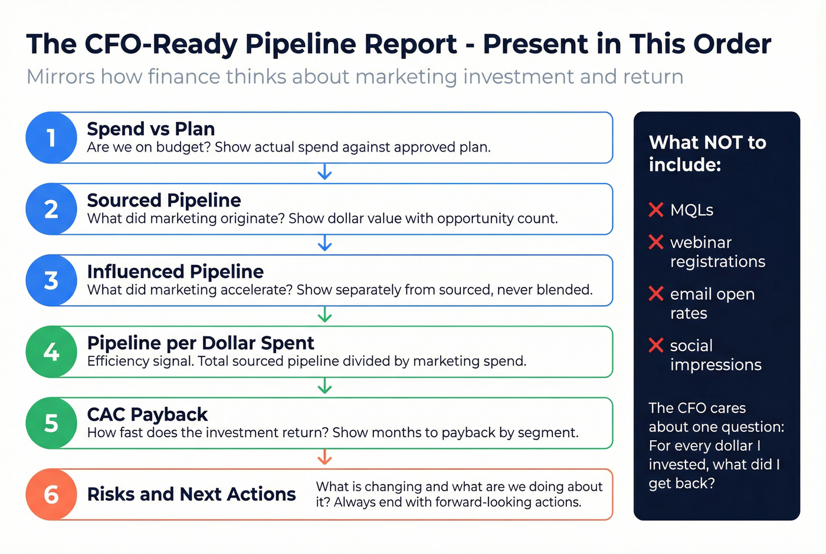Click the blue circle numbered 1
tap(51, 137)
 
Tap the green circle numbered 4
tap(51, 352)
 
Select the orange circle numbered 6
tap(51, 494)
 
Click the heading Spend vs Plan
tap(150, 129)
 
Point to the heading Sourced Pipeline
tap(164, 200)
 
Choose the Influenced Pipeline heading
tap(175, 271)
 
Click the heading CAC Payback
tap(147, 414)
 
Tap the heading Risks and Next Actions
tap(191, 494)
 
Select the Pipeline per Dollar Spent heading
tap(201, 343)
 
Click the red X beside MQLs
tap(656, 209)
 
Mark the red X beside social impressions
tap(656, 345)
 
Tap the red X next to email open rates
tap(656, 293)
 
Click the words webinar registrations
tap(717, 252)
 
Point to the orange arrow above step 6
tap(324, 457)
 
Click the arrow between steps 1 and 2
tap(324, 172)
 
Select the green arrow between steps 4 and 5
tap(324, 386)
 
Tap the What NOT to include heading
tap(707, 153)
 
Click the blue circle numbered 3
tap(51, 280)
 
